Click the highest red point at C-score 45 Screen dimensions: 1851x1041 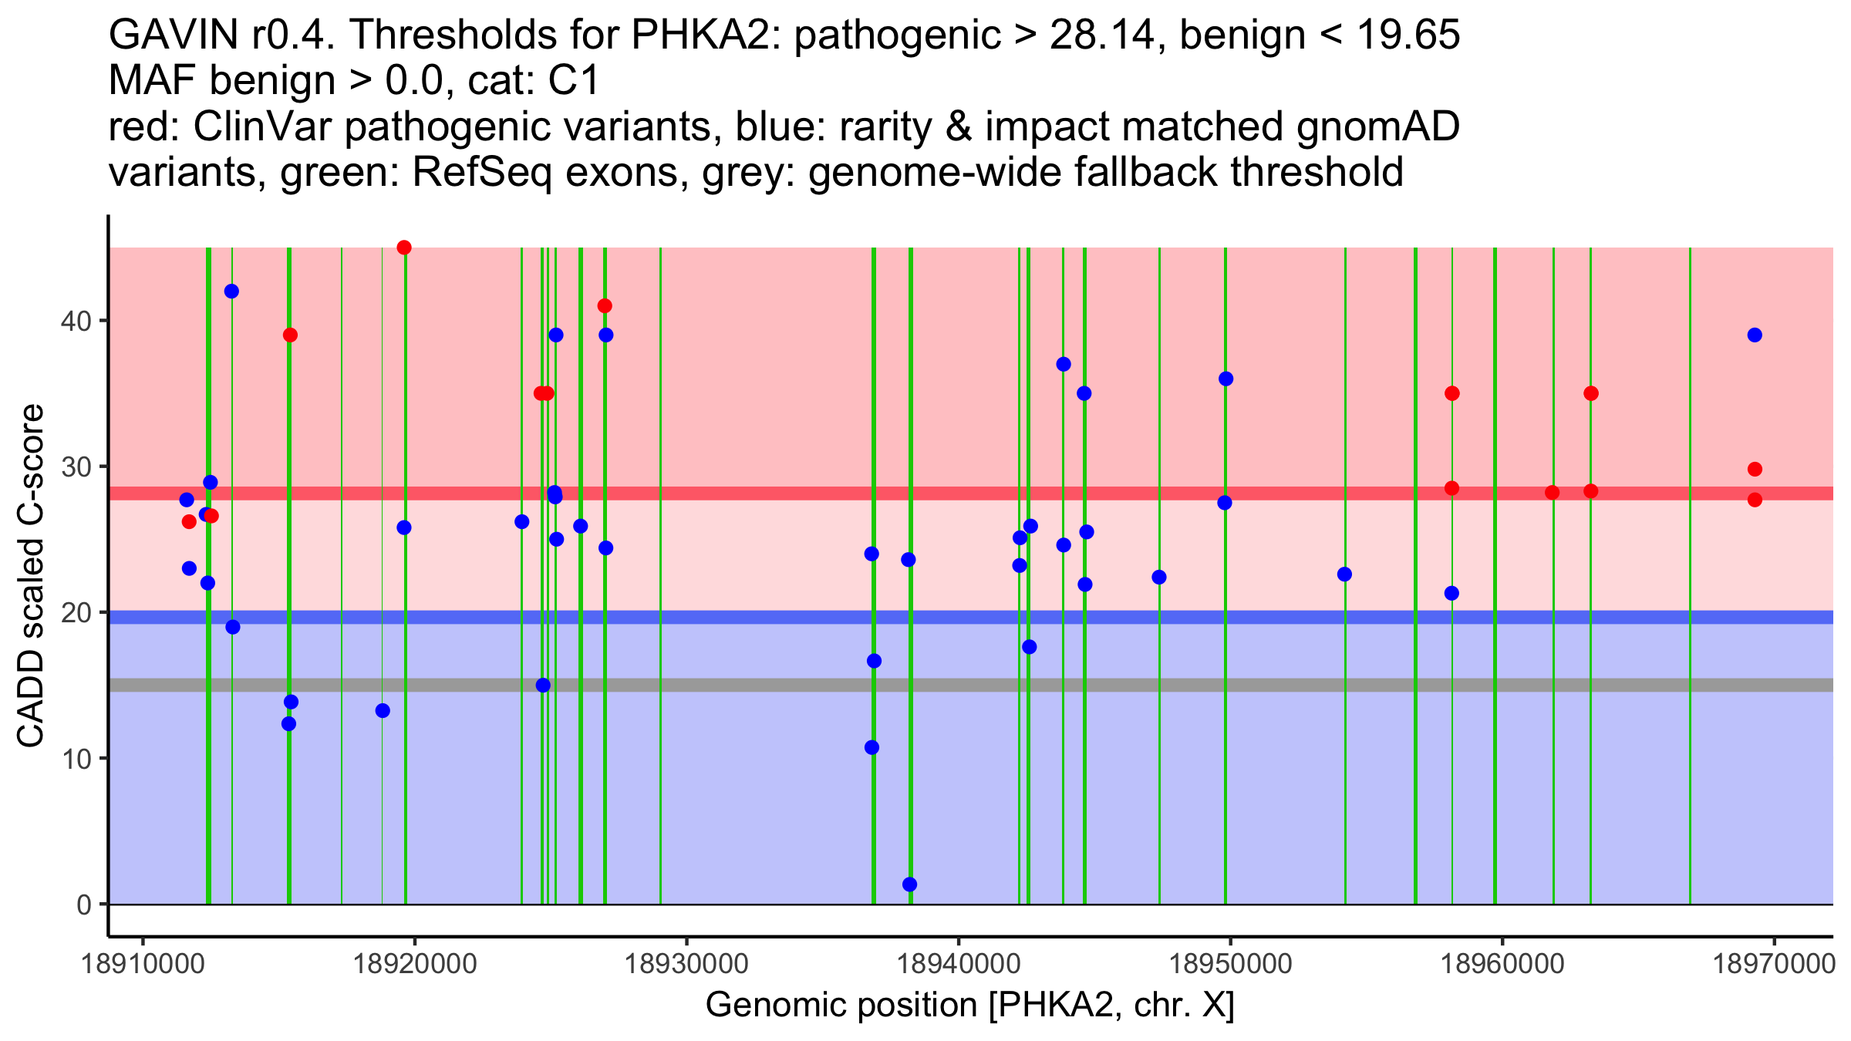[404, 248]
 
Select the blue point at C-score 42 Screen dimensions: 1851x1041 [231, 291]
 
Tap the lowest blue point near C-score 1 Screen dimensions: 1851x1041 [910, 884]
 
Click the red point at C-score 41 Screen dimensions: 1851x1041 [605, 306]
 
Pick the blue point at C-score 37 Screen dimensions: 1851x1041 [1064, 364]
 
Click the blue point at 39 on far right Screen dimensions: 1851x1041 [1755, 335]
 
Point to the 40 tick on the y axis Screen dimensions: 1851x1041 [103, 321]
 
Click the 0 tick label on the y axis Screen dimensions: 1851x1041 [84, 905]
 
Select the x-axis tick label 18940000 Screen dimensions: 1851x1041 [959, 965]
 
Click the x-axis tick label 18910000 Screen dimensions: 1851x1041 [142, 965]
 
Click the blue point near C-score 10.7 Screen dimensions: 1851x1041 [872, 747]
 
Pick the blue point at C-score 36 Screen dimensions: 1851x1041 [1226, 379]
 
